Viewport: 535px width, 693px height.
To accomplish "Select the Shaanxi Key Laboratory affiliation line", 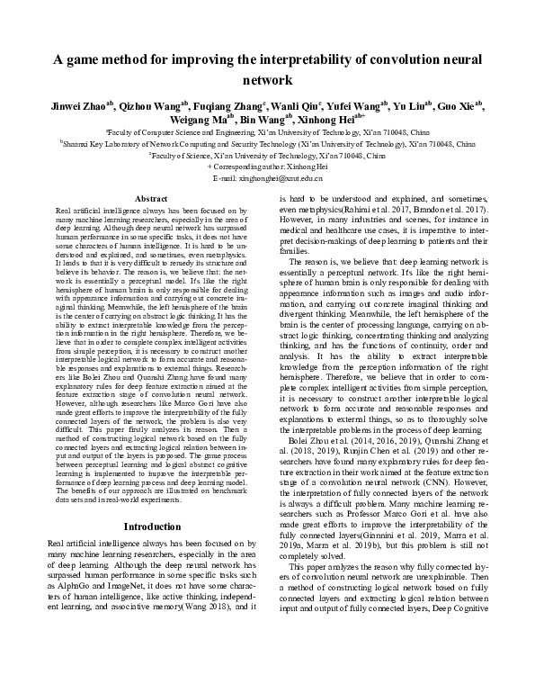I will click(x=267, y=143).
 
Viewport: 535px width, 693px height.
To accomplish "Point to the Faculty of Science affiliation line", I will click(x=267, y=155).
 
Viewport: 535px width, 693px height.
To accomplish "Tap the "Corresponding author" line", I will click(x=267, y=166).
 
